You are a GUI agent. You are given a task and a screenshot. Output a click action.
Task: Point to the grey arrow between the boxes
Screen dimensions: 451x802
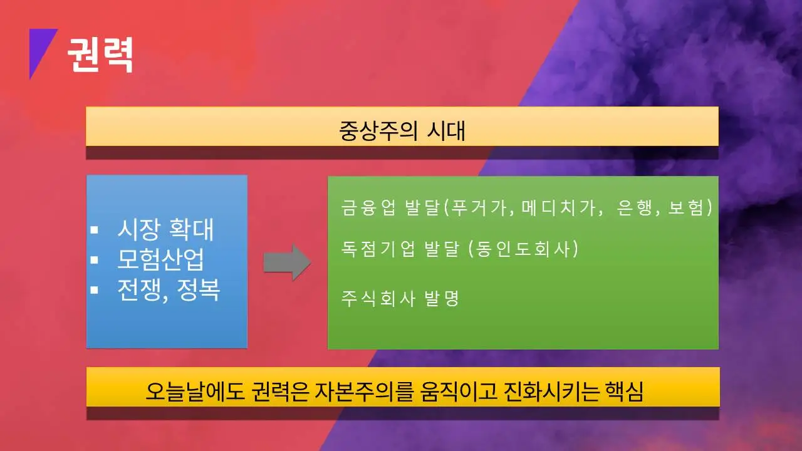point(287,262)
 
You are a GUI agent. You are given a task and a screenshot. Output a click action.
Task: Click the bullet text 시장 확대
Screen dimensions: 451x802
point(165,231)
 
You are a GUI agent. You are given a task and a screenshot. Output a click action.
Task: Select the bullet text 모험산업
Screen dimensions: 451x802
point(160,259)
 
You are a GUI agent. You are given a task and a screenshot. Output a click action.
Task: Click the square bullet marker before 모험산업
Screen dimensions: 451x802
point(94,259)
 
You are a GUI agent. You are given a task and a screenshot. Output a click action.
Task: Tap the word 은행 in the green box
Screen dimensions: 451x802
point(633,208)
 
